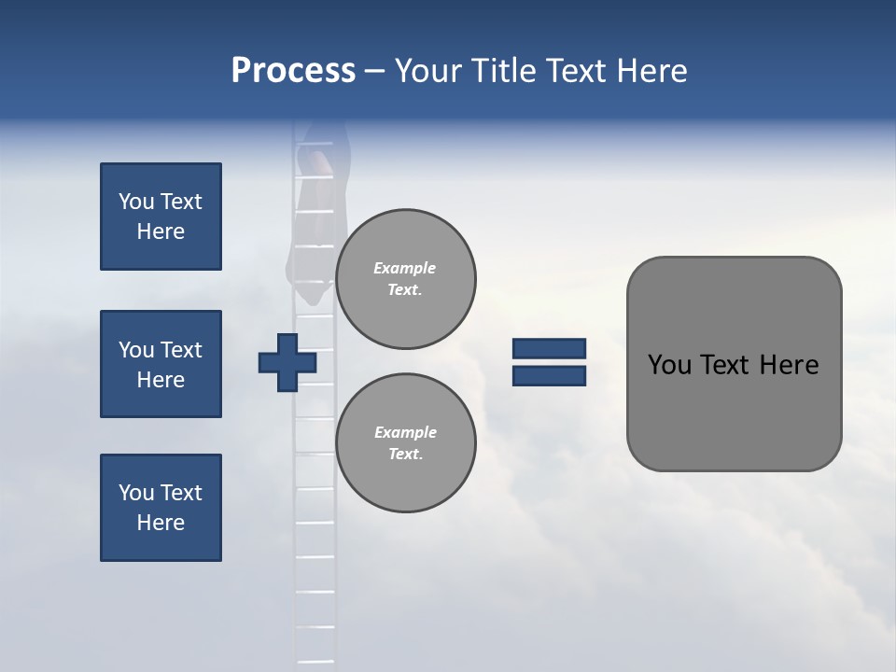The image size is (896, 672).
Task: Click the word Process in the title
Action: coord(293,71)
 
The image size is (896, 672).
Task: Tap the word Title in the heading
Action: coord(504,71)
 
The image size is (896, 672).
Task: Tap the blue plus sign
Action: coord(287,362)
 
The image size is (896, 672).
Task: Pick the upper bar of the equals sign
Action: coord(549,349)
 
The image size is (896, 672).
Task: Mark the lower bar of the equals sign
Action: coord(549,375)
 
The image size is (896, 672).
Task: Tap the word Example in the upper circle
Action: coord(405,268)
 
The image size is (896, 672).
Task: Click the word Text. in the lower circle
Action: coord(405,454)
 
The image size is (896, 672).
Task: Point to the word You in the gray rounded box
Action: coord(669,365)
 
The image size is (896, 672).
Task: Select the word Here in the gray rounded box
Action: coord(790,365)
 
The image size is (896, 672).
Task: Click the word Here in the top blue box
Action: coord(161,231)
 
